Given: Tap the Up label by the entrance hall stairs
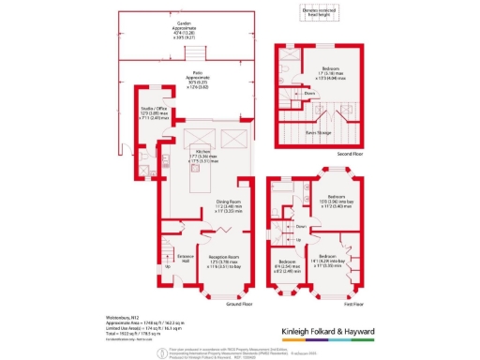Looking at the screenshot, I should [x=168, y=265].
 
